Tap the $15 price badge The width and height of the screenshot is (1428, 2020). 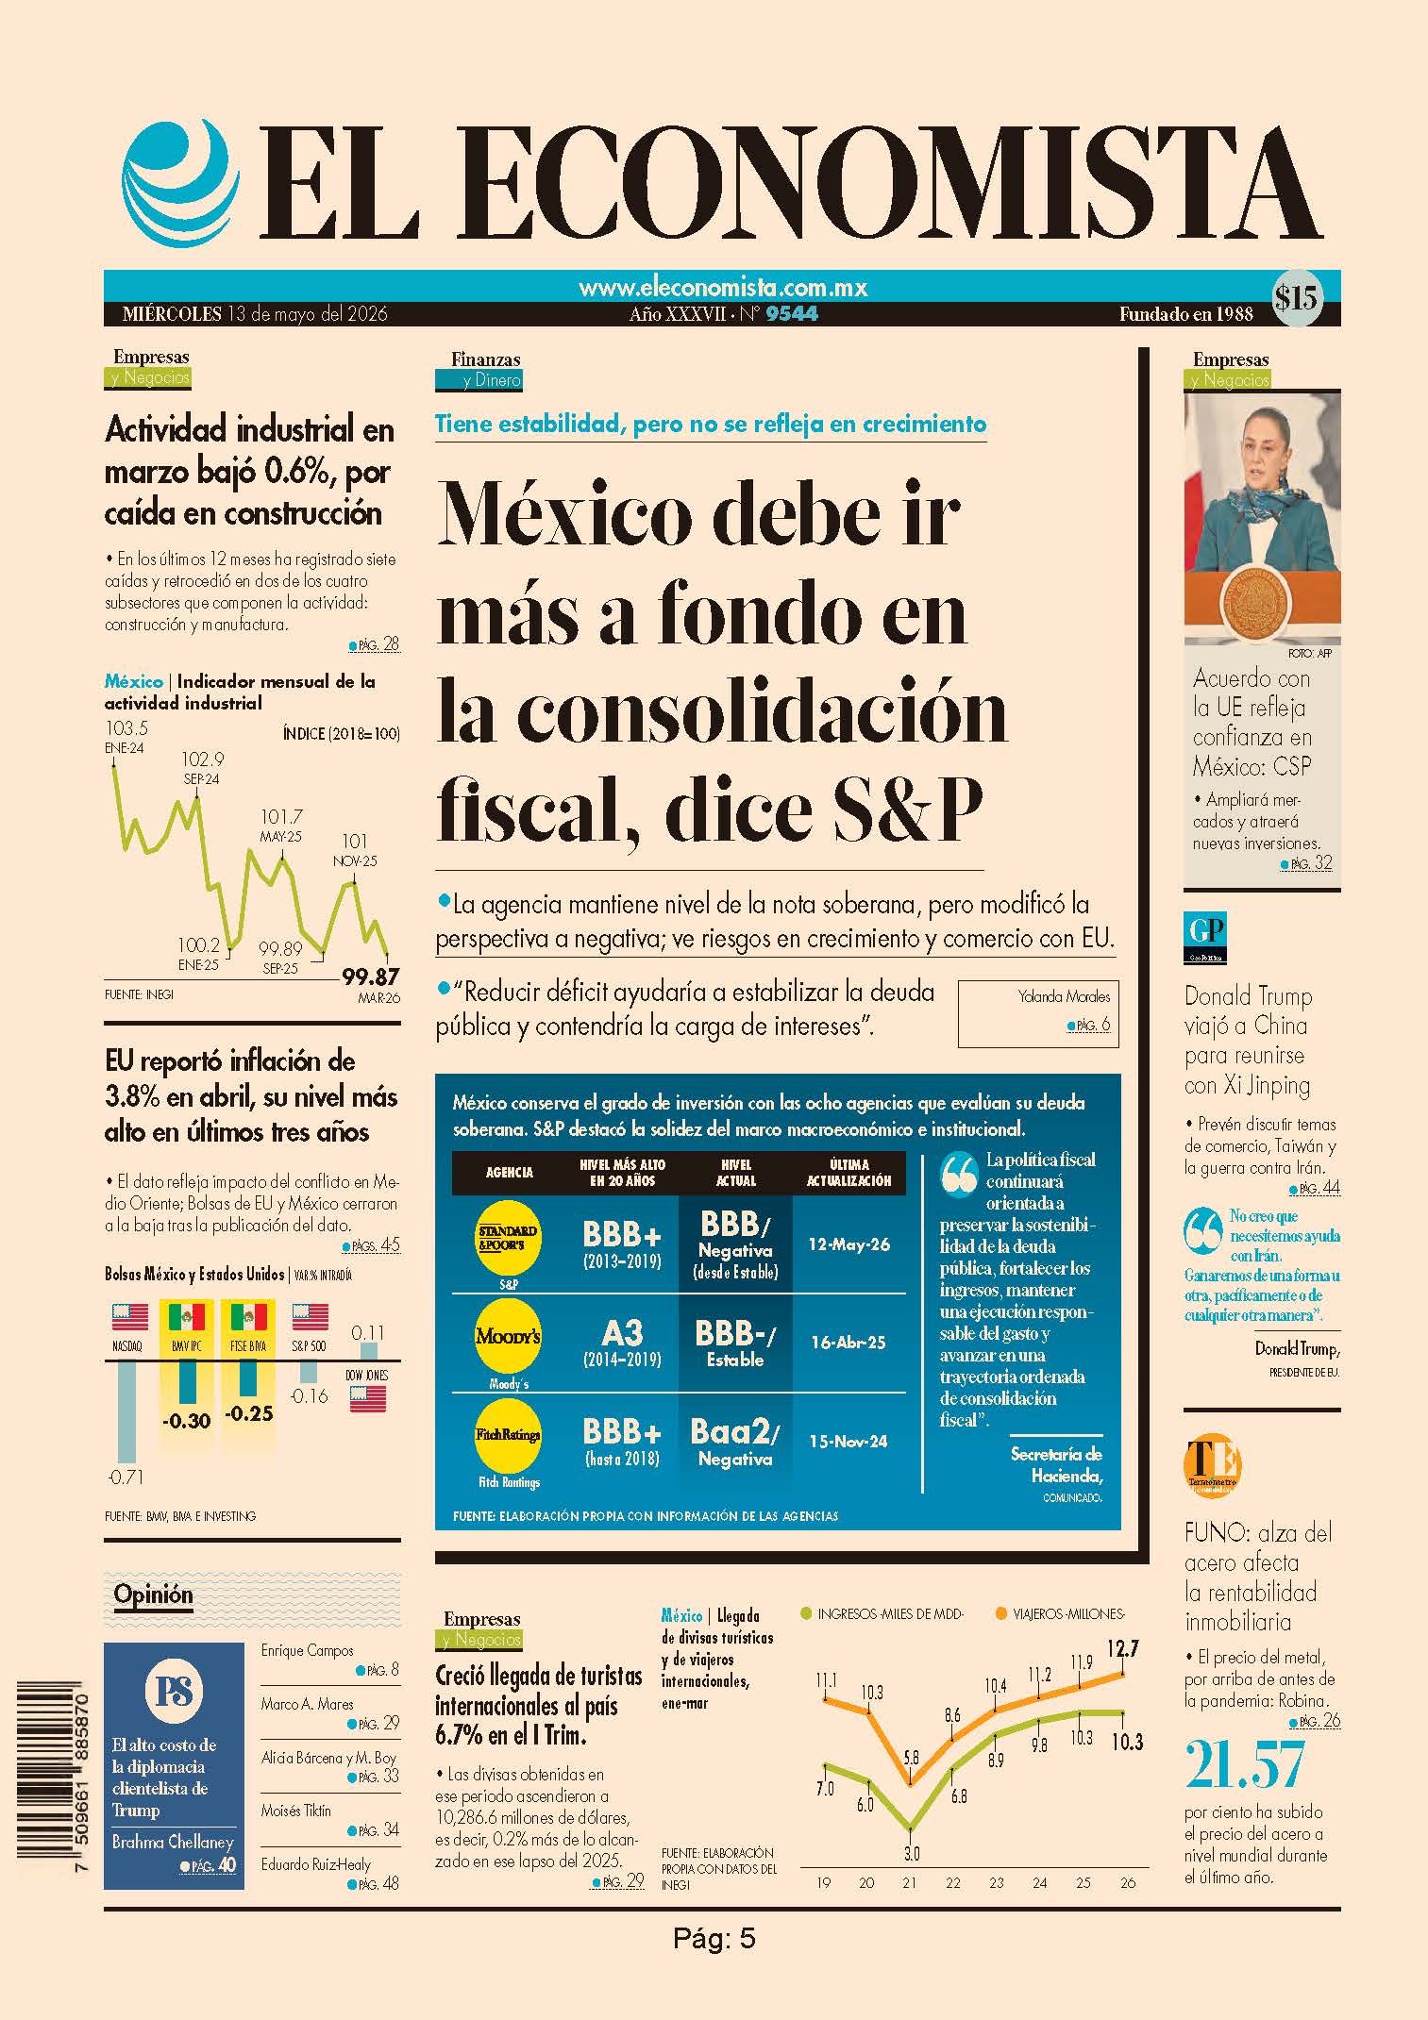coord(1296,299)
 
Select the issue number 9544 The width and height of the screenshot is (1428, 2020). coord(792,313)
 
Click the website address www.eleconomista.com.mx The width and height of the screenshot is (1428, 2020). coord(723,287)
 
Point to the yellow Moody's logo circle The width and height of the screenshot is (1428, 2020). coord(508,1337)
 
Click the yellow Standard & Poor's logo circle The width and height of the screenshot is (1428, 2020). coord(508,1237)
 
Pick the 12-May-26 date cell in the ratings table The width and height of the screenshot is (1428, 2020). coord(848,1244)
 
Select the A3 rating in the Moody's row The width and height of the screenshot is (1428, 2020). coord(622,1332)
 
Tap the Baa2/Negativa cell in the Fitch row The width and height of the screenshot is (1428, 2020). coord(735,1443)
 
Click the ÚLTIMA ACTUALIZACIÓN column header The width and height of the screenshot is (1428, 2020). coord(848,1173)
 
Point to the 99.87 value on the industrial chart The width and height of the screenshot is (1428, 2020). coord(370,977)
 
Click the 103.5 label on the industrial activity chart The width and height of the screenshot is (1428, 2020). coord(126,728)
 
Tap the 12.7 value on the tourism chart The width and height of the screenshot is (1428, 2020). coord(1122,1649)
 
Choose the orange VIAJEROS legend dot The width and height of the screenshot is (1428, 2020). coord(1000,1614)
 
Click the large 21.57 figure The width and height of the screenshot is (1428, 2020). coord(1245,1764)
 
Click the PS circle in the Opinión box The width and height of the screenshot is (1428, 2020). coord(175,1692)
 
